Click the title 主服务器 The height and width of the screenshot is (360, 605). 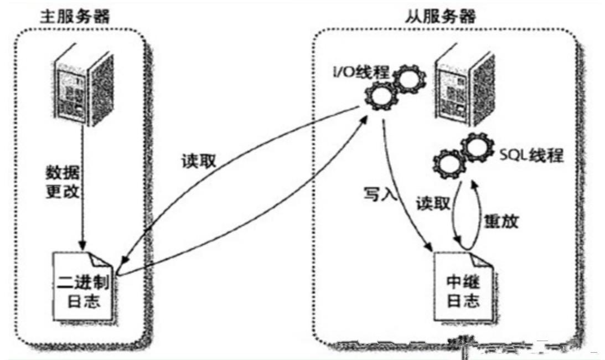click(x=75, y=15)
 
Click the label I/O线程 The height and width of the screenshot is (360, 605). click(x=360, y=73)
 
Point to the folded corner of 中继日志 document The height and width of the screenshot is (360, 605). click(x=474, y=258)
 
